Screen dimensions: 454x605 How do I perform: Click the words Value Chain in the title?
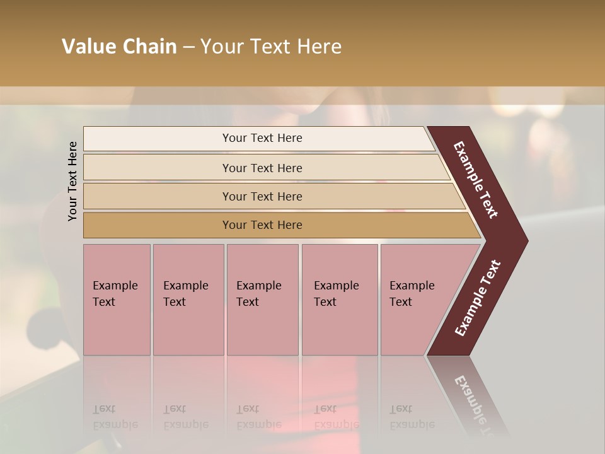coord(119,47)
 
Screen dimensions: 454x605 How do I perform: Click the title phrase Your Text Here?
coord(271,47)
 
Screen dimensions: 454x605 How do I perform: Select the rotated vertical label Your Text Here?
coord(72,182)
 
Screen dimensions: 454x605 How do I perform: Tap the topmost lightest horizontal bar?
coord(262,138)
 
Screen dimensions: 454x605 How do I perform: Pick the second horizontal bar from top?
coord(262,168)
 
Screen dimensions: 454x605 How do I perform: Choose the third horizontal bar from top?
coord(262,196)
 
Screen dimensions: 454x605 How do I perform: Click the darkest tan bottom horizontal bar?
coord(262,225)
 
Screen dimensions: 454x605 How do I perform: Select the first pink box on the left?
coord(117,300)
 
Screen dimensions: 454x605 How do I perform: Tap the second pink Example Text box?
coord(188,300)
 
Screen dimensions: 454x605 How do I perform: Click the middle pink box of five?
coord(262,300)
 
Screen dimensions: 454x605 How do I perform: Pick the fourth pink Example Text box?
coord(339,300)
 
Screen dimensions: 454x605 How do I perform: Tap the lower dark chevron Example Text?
coord(478,298)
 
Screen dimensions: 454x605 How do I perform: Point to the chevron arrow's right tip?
coord(527,240)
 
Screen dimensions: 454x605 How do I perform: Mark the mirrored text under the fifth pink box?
coord(412,417)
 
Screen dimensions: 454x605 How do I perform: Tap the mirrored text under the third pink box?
coord(258,417)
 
